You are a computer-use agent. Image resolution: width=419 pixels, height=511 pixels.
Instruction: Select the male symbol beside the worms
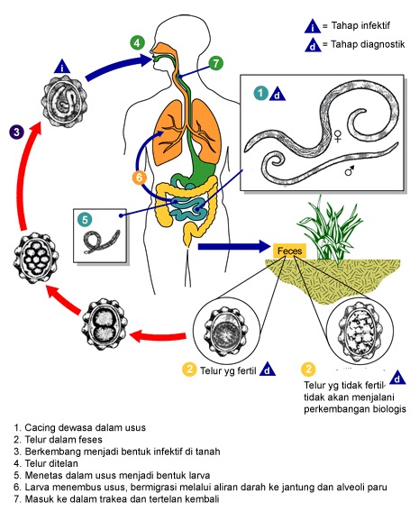(x=349, y=169)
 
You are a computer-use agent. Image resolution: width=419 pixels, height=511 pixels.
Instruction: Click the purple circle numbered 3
(x=17, y=132)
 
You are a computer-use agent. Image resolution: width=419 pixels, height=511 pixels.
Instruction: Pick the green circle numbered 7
(x=215, y=63)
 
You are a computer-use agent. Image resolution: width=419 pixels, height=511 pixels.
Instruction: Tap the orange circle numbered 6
(x=139, y=178)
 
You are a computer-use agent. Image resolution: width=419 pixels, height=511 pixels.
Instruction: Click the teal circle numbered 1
(x=260, y=93)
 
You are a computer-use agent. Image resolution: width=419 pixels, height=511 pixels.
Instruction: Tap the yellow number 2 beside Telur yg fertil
(x=189, y=368)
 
